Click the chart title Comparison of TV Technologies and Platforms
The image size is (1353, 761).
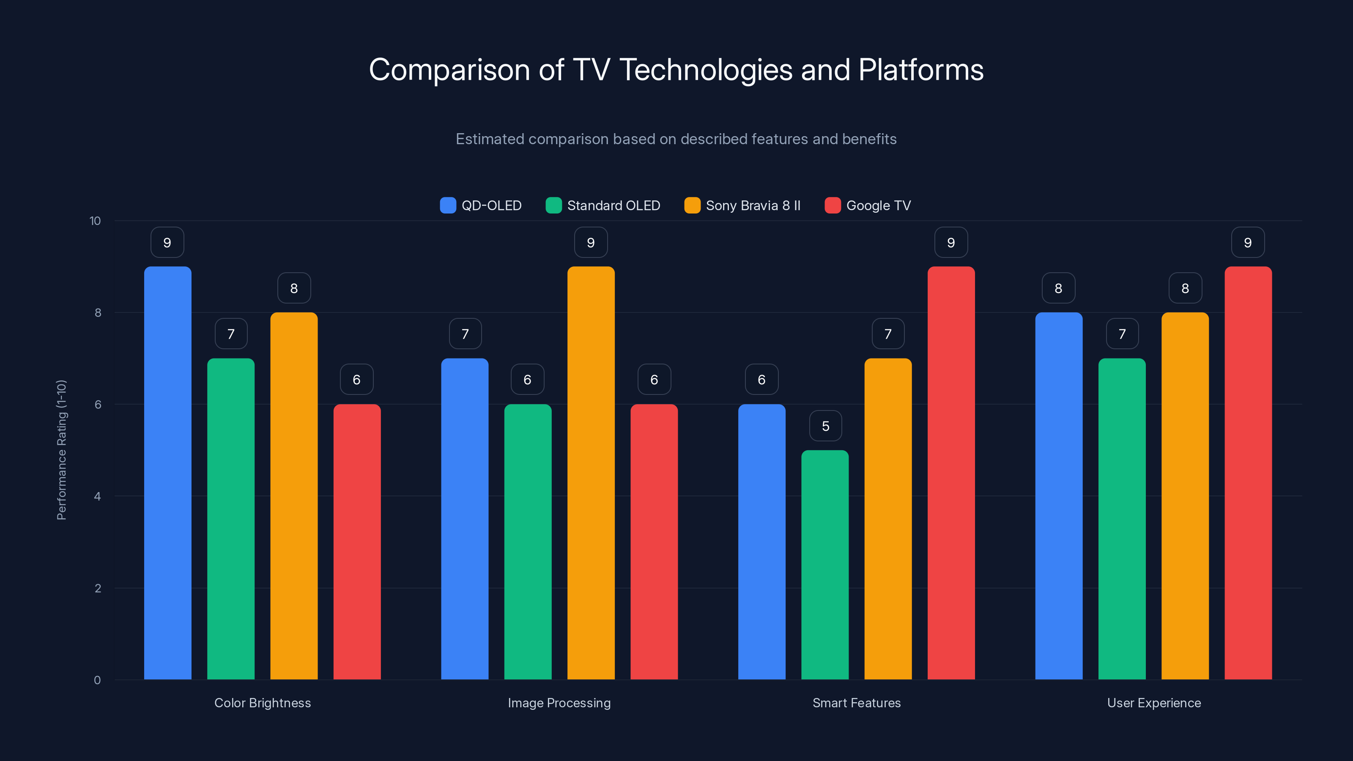[x=676, y=70]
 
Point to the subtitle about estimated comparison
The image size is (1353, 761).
[x=676, y=139]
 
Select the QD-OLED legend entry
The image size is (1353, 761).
[x=481, y=205]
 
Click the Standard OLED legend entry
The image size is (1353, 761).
[x=603, y=205]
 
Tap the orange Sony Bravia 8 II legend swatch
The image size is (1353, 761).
[x=692, y=205]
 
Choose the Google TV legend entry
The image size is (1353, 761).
[x=868, y=205]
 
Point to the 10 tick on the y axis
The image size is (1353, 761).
[x=95, y=221]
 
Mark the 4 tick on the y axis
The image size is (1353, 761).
[x=97, y=496]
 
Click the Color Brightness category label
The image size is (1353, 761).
[x=263, y=703]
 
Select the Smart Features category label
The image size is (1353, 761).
[x=857, y=703]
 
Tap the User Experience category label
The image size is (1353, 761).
[x=1154, y=703]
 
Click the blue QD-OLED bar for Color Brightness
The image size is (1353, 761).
[x=167, y=473]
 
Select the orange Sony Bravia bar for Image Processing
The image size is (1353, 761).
[x=591, y=473]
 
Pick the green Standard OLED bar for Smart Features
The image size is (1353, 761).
[x=824, y=564]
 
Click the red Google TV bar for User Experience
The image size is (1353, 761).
[x=1248, y=473]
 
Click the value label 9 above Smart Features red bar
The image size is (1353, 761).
[x=950, y=243]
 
